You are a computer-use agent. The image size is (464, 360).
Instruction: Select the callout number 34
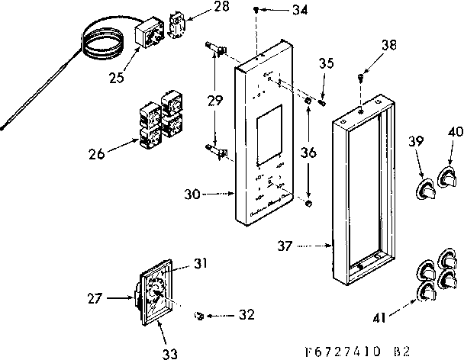coord(280,11)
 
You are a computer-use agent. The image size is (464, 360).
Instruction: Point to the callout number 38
coord(390,45)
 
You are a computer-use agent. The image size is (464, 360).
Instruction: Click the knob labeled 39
coord(424,187)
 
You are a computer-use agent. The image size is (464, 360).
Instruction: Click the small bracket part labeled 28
coord(180,23)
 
